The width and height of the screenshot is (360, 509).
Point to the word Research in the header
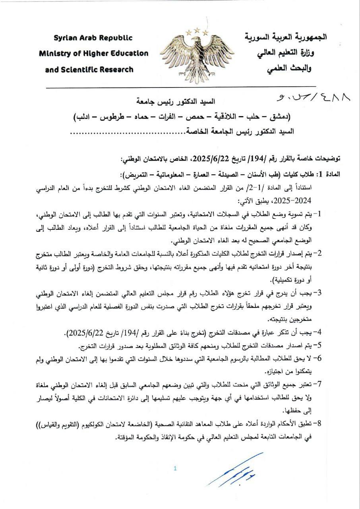click(114, 69)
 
